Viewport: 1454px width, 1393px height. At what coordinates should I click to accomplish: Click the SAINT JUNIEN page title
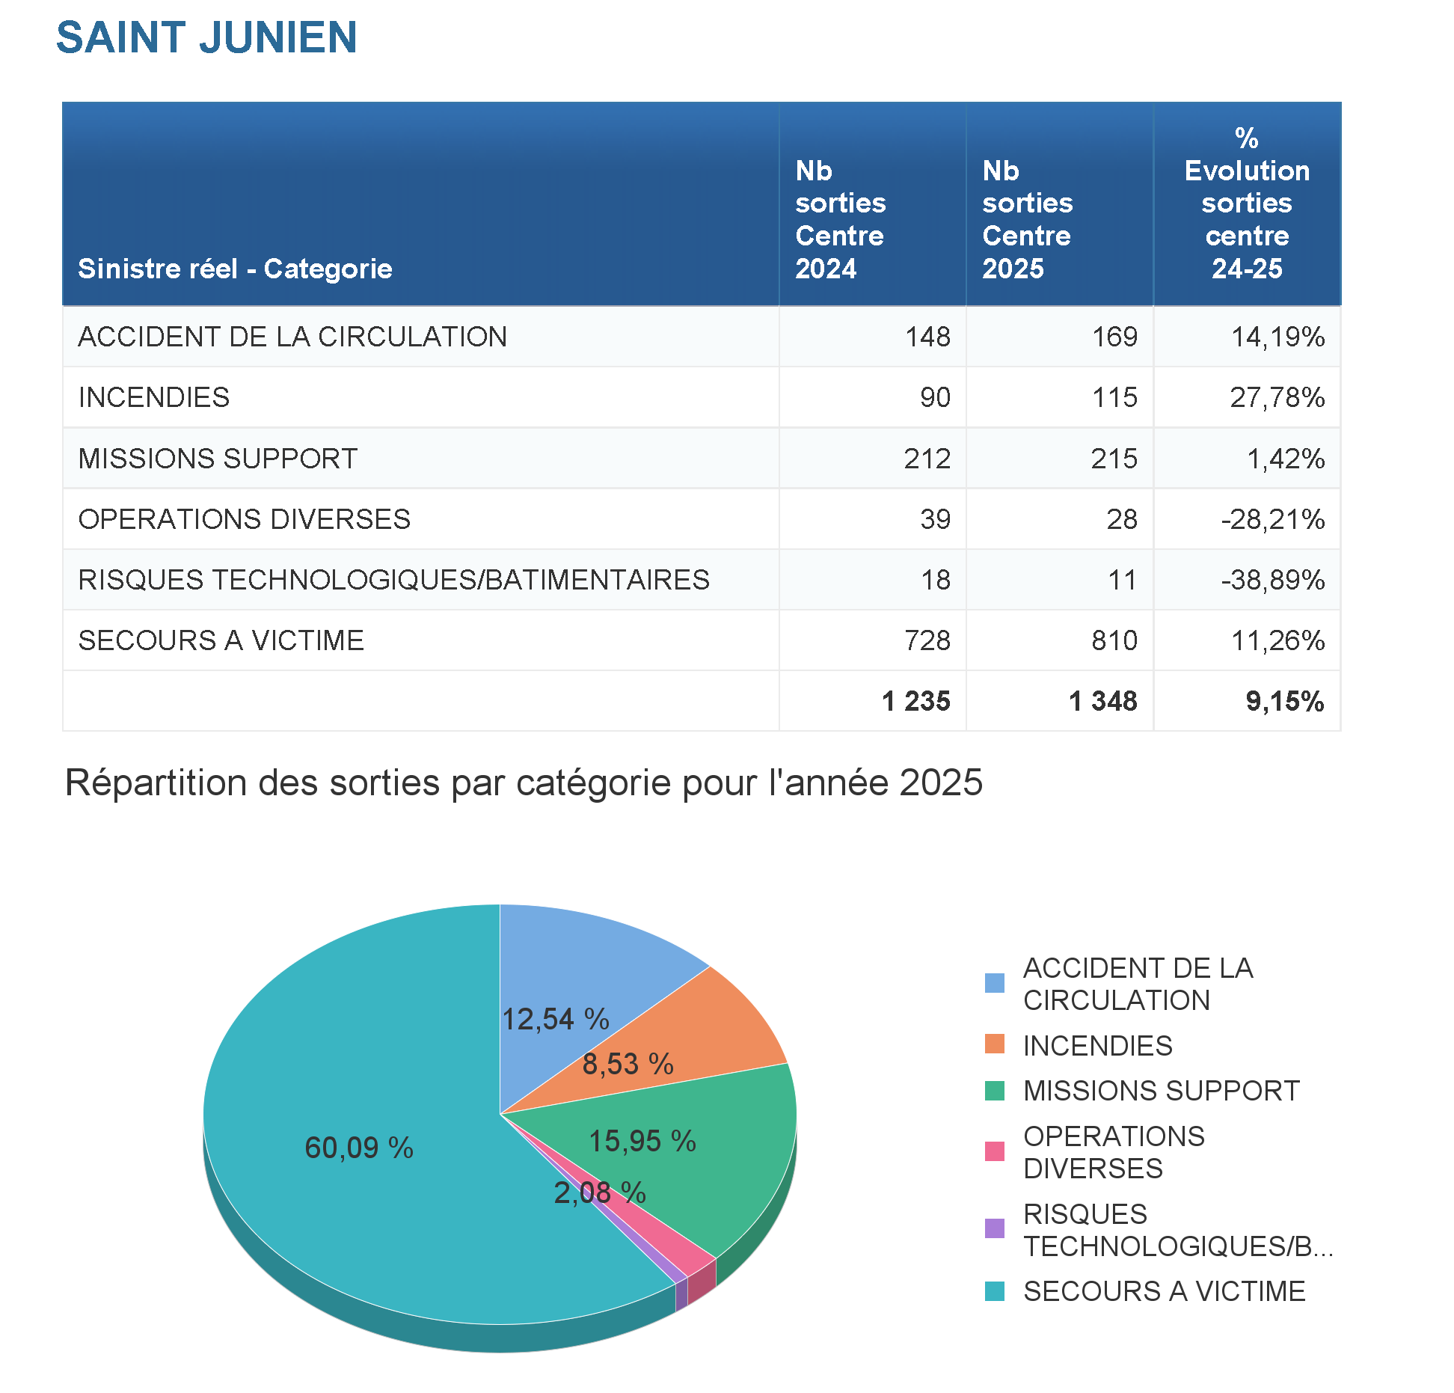(x=206, y=37)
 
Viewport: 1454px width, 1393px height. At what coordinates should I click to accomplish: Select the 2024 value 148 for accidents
(x=927, y=337)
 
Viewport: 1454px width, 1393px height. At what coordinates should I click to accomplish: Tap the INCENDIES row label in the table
(x=154, y=397)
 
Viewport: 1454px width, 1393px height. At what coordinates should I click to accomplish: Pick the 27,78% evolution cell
(x=1277, y=397)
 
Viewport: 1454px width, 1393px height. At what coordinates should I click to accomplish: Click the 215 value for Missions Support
(x=1114, y=459)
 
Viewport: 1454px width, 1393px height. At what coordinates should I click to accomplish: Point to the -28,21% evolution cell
(x=1273, y=519)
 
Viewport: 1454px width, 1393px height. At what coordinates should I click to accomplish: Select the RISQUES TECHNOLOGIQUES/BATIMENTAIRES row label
(x=393, y=580)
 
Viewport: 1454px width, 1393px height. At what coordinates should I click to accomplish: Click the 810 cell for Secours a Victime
(x=1114, y=640)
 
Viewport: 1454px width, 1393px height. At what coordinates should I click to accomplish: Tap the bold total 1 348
(x=1103, y=701)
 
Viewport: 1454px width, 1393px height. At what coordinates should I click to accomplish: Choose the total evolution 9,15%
(x=1285, y=701)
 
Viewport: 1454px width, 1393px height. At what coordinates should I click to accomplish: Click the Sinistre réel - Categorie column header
(x=235, y=269)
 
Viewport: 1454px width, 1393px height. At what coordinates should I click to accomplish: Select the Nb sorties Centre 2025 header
(x=1027, y=219)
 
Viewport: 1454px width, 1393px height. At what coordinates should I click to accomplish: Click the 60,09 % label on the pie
(x=359, y=1148)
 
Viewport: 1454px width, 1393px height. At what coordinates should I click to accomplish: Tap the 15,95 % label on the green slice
(x=642, y=1142)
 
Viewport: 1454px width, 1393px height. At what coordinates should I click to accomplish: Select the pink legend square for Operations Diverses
(x=995, y=1151)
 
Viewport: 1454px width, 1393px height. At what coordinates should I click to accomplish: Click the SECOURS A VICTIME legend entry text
(x=1164, y=1292)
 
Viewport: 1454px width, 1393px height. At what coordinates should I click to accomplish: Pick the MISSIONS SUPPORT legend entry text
(x=1161, y=1091)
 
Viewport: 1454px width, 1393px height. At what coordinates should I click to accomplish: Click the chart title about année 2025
(x=524, y=783)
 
